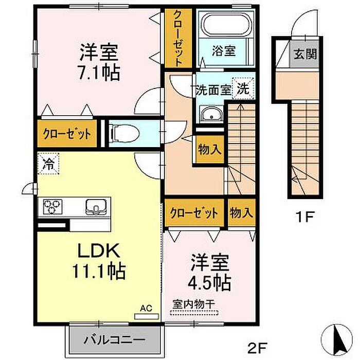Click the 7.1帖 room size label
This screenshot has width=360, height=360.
[99, 73]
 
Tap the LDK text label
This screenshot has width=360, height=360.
[99, 250]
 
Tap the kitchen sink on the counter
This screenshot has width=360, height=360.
[96, 207]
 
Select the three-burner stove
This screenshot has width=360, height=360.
[52, 206]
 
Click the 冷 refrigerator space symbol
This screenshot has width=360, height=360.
[48, 164]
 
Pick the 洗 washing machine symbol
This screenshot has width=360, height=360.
[243, 88]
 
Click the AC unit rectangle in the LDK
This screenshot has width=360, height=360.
[147, 316]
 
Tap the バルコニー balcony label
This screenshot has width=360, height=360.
[114, 339]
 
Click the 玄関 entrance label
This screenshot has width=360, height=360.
[305, 54]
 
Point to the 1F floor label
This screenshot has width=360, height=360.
[304, 217]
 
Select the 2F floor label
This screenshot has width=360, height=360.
[257, 348]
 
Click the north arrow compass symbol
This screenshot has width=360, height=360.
[336, 338]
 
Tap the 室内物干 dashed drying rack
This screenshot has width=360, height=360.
[194, 313]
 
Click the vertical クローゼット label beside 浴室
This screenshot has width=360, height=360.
[178, 38]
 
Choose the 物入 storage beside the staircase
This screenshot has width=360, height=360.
[210, 150]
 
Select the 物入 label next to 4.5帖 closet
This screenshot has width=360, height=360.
[242, 212]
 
